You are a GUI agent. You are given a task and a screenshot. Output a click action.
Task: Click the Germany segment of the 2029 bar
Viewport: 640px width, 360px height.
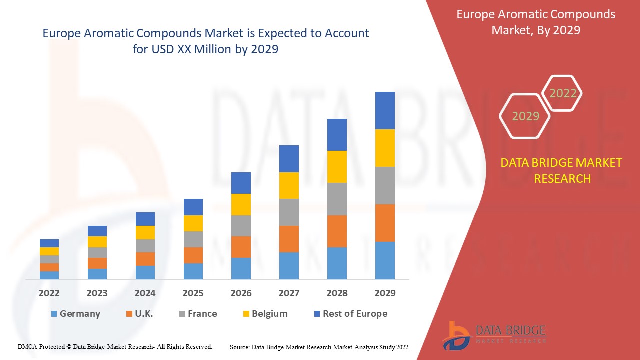[385, 260]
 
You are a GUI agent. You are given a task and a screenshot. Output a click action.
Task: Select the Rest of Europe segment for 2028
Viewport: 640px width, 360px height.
[337, 135]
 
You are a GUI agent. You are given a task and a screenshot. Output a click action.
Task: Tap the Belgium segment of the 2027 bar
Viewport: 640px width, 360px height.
[289, 185]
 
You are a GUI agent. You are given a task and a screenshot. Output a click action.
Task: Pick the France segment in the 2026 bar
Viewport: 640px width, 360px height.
[241, 225]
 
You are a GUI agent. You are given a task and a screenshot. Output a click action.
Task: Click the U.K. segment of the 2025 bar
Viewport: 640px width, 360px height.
[193, 255]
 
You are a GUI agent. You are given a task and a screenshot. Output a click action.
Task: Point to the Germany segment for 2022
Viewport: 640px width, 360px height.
[49, 275]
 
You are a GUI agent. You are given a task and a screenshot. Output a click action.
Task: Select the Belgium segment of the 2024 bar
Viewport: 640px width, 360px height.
[145, 232]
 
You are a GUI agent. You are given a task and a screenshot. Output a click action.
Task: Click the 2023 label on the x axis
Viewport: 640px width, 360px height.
[97, 293]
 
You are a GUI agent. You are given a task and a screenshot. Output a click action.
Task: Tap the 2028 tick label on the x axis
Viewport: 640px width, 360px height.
[337, 293]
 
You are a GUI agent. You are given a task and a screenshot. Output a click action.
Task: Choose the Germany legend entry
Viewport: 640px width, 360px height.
[75, 314]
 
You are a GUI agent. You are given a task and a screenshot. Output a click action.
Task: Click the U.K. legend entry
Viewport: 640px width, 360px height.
[139, 314]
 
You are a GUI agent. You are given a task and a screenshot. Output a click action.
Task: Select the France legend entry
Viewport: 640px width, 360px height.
[198, 314]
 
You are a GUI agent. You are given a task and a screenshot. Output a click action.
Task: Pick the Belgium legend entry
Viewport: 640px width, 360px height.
[265, 314]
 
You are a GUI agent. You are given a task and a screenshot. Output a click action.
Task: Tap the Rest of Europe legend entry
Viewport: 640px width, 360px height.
[350, 314]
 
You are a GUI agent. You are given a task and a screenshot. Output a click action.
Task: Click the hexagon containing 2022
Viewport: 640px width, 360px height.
[563, 93]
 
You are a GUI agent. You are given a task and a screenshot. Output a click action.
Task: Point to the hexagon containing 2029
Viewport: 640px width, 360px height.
[525, 116]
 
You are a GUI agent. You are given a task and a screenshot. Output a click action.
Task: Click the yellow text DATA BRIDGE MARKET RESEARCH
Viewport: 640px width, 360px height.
[562, 170]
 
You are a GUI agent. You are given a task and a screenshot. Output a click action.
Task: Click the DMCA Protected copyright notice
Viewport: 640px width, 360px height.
[115, 346]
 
